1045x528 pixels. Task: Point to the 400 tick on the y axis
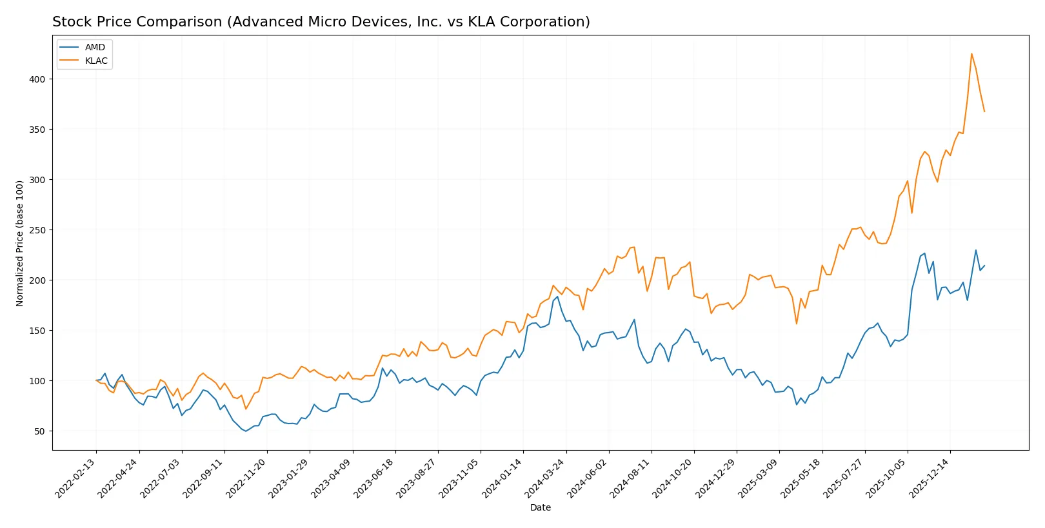(37, 79)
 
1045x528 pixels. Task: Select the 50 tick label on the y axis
(39, 431)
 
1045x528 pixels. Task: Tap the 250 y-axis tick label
(37, 230)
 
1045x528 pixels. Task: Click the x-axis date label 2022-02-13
(77, 478)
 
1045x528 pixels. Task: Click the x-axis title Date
(540, 507)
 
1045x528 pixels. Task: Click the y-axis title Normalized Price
(20, 243)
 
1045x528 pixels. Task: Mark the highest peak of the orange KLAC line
(971, 54)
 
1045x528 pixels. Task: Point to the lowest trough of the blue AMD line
(246, 431)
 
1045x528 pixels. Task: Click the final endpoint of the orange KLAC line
(984, 112)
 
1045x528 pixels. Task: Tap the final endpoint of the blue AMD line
(984, 266)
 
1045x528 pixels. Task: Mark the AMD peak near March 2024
(557, 297)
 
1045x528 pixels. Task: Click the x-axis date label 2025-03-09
(759, 478)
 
